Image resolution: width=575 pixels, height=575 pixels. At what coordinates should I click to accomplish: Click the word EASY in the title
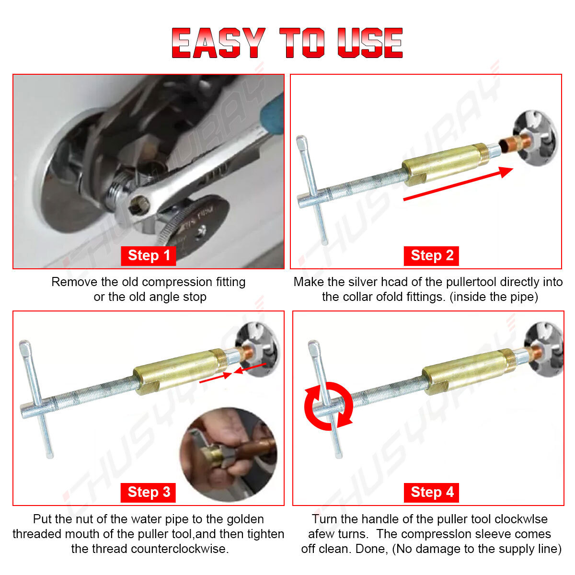[218, 43]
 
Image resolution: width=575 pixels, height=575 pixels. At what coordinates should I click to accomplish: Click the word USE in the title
[370, 43]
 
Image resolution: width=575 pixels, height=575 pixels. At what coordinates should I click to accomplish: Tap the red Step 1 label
[148, 256]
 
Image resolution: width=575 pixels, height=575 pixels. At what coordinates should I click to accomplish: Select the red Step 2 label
[431, 256]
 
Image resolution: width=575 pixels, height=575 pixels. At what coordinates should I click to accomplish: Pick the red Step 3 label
[148, 493]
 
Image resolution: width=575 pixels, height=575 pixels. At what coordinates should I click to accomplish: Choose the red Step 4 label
[431, 493]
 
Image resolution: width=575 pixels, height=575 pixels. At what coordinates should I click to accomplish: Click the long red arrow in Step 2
[458, 184]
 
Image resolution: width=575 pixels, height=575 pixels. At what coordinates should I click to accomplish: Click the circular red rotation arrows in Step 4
[329, 406]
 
